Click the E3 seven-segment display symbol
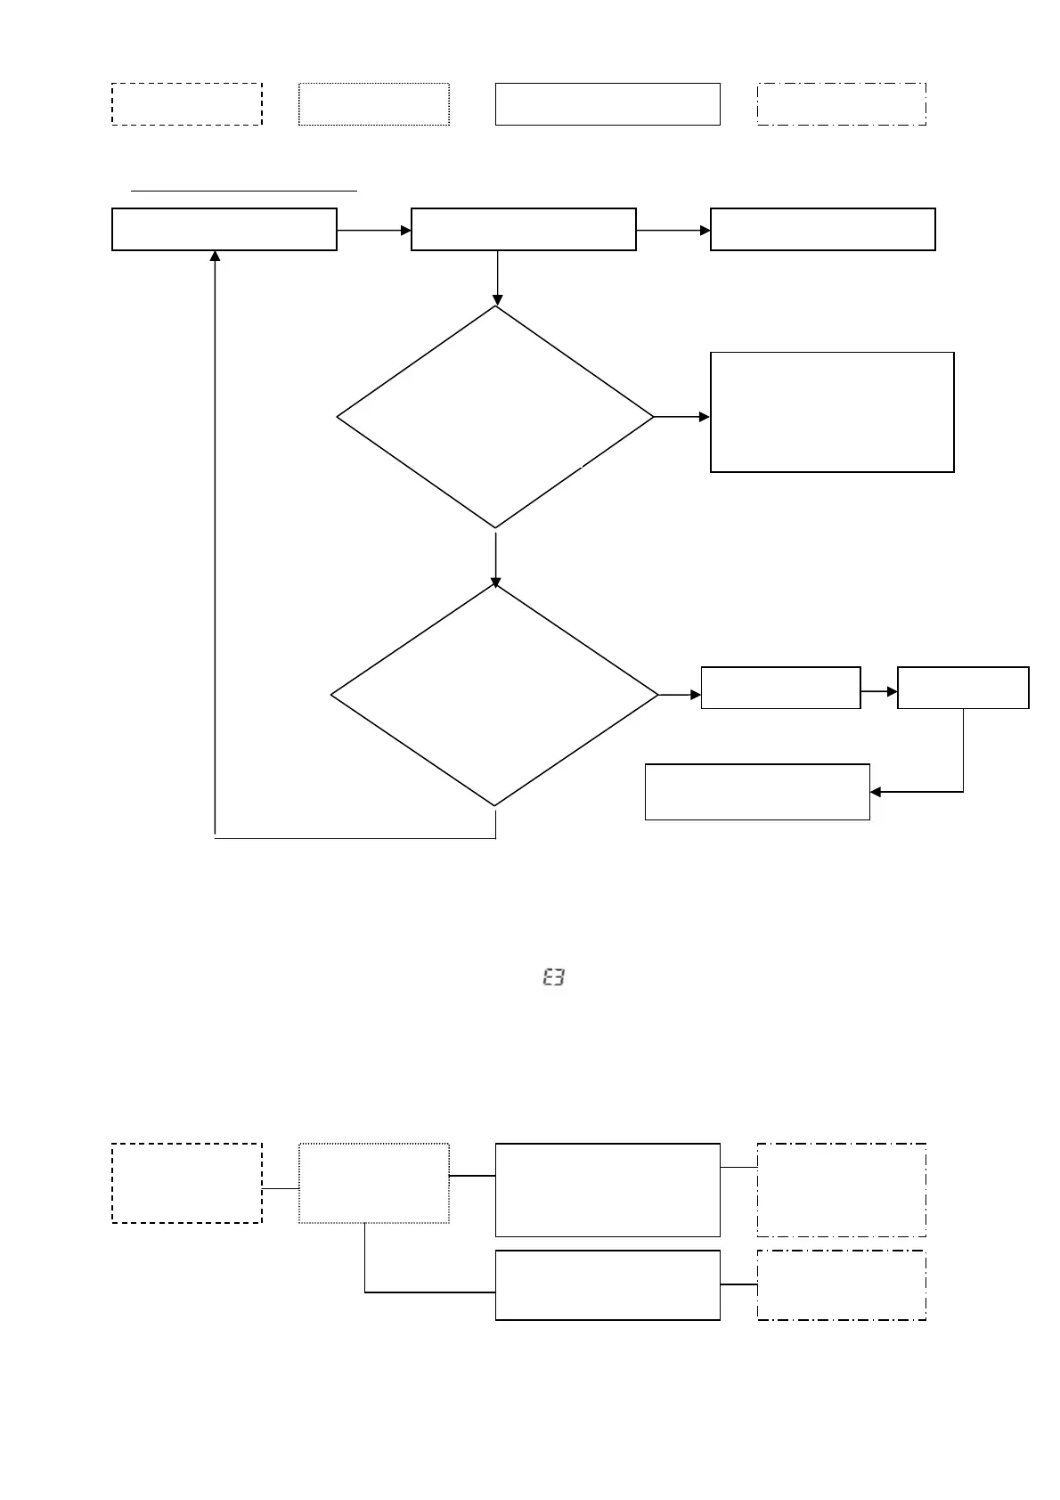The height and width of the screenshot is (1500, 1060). pos(553,978)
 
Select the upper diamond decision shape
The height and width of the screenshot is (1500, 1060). pos(495,417)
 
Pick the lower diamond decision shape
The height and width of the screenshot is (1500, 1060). pos(495,695)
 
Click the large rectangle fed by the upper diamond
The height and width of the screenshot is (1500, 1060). pos(832,412)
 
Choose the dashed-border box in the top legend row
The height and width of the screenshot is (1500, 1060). pos(187,104)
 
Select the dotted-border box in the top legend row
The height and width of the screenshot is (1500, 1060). pos(374,104)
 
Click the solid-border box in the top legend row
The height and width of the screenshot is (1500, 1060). pos(607,104)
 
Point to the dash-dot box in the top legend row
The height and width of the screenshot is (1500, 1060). pos(842,104)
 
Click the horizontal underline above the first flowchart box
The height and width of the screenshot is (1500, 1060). pos(244,190)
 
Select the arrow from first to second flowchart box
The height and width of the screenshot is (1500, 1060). pos(374,230)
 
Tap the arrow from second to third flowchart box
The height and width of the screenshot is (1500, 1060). pos(673,230)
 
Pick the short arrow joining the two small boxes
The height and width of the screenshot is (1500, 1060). pos(879,690)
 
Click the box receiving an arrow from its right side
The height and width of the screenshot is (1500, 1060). pos(757,791)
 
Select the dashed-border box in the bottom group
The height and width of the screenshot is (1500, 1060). pos(187,1183)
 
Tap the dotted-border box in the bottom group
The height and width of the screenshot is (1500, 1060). pos(374,1183)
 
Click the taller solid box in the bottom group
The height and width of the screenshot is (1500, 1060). pos(607,1190)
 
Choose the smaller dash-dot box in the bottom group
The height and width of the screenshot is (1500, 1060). pos(842,1284)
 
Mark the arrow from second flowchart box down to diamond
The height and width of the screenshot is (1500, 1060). pos(496,279)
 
